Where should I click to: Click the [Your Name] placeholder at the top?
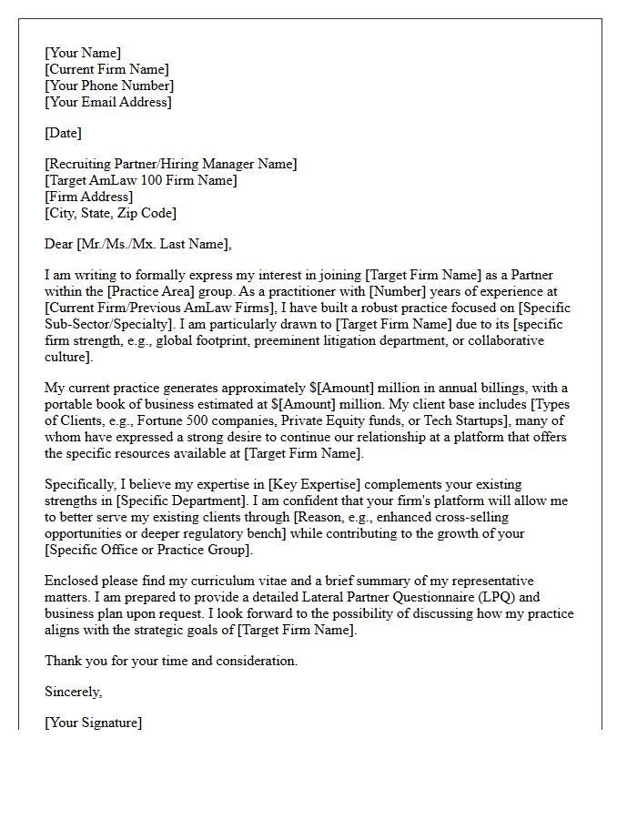(x=83, y=53)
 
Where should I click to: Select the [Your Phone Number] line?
(x=109, y=86)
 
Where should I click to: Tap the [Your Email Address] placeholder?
(x=107, y=102)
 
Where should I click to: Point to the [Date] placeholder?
(x=63, y=133)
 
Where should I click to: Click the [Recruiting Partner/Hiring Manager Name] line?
(x=170, y=164)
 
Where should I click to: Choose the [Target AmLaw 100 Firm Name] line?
(x=141, y=180)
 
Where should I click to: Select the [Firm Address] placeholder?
(x=88, y=197)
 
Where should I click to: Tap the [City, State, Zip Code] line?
(x=110, y=213)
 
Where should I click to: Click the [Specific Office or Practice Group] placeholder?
(x=147, y=550)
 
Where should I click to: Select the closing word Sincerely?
(x=73, y=692)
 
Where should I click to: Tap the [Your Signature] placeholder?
(x=93, y=723)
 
